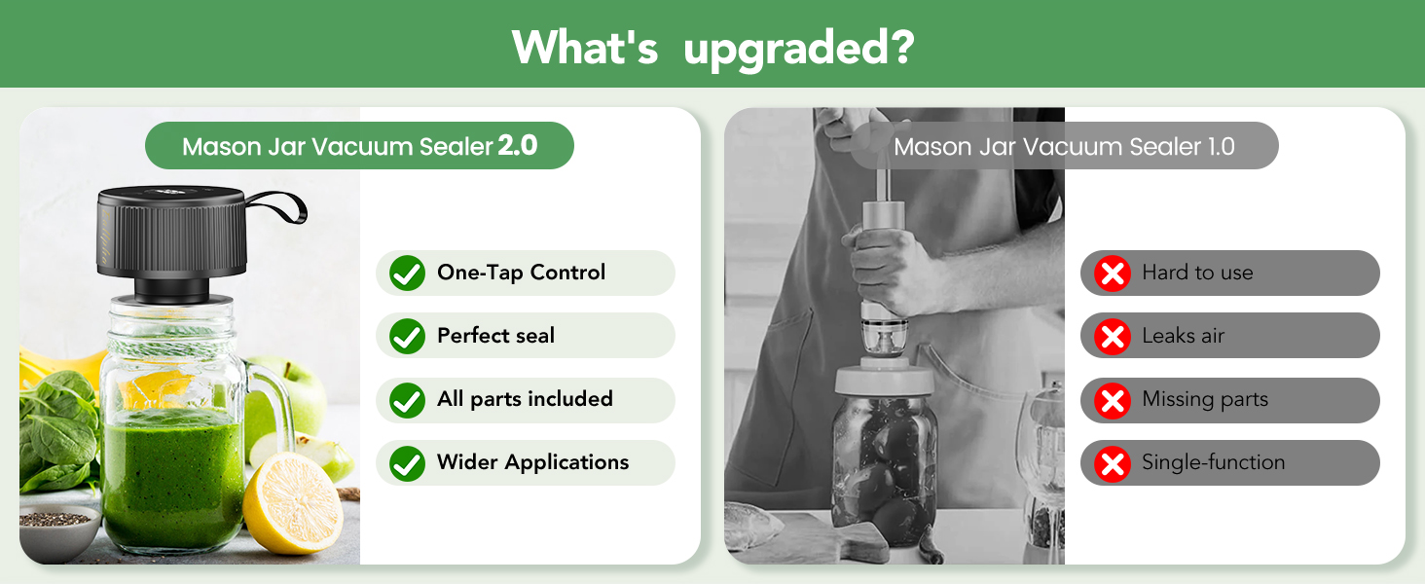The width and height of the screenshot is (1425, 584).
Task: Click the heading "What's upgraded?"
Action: coord(712,46)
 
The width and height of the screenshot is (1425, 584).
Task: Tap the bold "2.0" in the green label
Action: coord(517,146)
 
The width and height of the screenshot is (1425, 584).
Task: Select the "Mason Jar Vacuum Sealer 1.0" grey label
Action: coord(1064,146)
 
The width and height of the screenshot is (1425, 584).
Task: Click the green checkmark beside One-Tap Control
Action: coord(407,274)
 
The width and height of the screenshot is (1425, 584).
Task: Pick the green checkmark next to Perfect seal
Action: coord(407,337)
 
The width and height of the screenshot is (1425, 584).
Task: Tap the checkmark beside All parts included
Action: coord(407,400)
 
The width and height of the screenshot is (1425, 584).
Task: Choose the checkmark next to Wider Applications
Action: coord(407,463)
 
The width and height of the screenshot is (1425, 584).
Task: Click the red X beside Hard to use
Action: coord(1112,274)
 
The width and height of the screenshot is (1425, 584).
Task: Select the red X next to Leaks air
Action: coord(1112,337)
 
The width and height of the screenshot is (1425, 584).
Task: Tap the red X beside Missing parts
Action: coord(1112,400)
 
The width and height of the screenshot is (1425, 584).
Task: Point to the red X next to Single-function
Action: coord(1112,463)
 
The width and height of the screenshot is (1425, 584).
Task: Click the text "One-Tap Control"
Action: coord(521,273)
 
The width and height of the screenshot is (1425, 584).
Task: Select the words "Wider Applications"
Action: coord(532,462)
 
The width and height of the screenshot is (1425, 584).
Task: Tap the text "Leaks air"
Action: coord(1183,336)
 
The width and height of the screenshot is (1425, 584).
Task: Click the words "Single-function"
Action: coord(1213,462)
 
